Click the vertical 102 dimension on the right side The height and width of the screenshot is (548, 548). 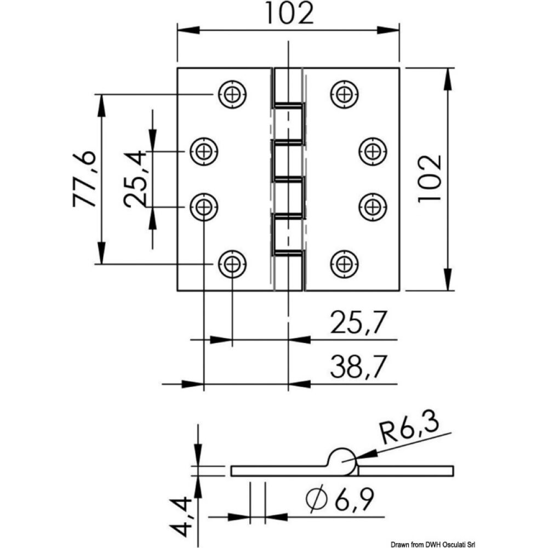point(429,179)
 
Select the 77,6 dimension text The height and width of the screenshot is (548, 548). point(84,179)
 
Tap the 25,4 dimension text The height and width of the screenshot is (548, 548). point(135,179)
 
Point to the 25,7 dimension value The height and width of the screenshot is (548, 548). point(356,323)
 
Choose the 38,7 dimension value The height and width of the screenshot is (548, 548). point(356,366)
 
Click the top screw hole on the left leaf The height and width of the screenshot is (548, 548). point(232,94)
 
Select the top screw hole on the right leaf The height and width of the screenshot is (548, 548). point(344,94)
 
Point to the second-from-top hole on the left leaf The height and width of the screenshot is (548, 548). point(204,151)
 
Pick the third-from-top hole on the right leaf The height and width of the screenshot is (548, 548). point(373,207)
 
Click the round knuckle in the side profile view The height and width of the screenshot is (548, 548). point(342,460)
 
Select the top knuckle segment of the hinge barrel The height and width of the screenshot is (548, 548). point(287,86)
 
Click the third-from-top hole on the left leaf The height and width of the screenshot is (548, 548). point(204,207)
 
